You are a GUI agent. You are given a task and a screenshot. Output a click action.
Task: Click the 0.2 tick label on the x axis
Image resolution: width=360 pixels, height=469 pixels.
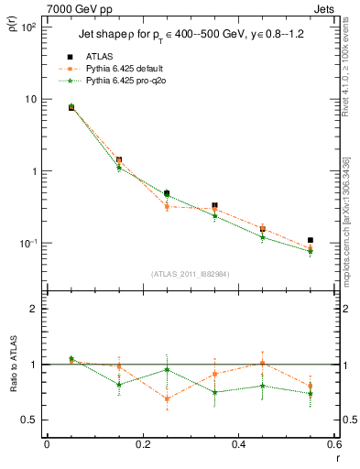click(x=141, y=445)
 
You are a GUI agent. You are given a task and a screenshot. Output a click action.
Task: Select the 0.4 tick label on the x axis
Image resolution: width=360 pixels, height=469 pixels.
click(x=237, y=445)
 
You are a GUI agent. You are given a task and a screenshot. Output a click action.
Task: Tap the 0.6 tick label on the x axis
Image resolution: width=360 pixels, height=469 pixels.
click(x=333, y=445)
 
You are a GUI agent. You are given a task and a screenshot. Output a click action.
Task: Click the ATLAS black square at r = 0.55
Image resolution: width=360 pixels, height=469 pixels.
click(x=311, y=240)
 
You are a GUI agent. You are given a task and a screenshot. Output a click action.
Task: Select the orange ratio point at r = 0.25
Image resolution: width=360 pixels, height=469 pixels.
click(x=167, y=398)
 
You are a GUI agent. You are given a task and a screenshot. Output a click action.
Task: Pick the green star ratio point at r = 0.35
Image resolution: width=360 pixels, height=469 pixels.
click(x=214, y=392)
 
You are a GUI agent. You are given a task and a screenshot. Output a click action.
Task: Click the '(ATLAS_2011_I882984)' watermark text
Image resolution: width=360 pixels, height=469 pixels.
click(x=191, y=274)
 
